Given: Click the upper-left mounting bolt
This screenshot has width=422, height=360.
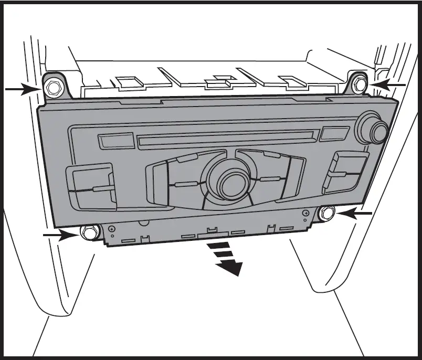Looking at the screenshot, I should click(52, 87).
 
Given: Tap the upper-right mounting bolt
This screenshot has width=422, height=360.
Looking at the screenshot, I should click(359, 82).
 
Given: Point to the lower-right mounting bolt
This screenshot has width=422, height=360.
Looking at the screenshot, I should click(327, 213).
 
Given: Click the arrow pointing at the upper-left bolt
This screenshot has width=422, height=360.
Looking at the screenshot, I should click(21, 90).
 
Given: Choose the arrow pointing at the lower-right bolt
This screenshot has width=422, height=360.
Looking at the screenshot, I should click(354, 213).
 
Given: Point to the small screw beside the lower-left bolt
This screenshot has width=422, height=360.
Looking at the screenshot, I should click(112, 228).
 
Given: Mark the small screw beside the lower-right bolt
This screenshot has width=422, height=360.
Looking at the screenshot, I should click(306, 213).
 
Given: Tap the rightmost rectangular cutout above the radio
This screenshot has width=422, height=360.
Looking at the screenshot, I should click(290, 80).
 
